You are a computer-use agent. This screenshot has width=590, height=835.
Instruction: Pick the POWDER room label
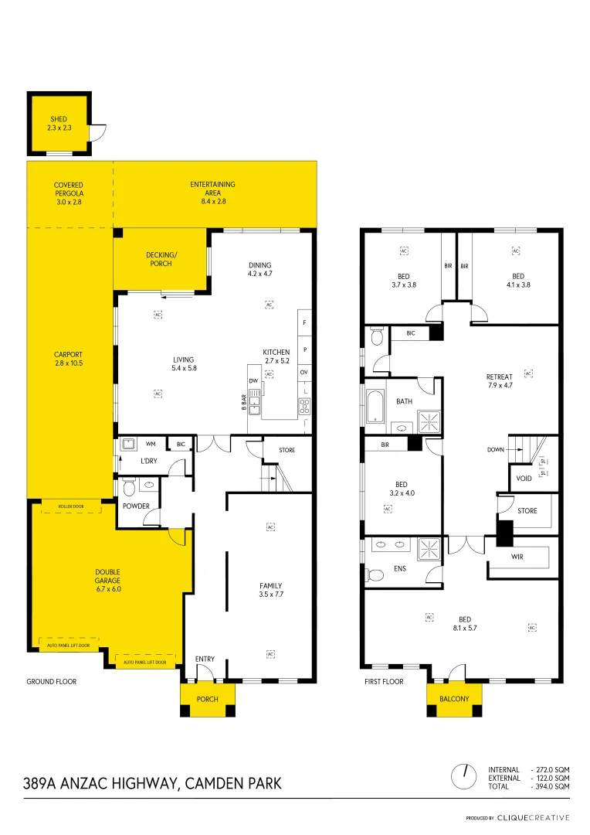[x=136, y=506]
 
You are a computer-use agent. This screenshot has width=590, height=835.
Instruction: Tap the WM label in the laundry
[x=151, y=444]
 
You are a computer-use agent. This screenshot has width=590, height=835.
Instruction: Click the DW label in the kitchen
[x=253, y=380]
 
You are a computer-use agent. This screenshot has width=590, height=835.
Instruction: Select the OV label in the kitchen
[x=304, y=373]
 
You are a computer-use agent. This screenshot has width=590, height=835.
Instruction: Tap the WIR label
[x=517, y=556]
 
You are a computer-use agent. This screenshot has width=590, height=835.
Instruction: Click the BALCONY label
[x=454, y=699]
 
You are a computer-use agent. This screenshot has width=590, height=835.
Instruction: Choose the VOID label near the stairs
[x=524, y=478]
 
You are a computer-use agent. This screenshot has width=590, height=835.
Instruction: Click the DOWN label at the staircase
[x=496, y=449]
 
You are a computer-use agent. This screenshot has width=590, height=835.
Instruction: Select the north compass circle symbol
[x=466, y=772]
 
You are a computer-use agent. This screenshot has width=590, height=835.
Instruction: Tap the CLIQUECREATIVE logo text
[x=534, y=817]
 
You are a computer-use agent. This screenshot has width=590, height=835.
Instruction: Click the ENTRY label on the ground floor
[x=205, y=659]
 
